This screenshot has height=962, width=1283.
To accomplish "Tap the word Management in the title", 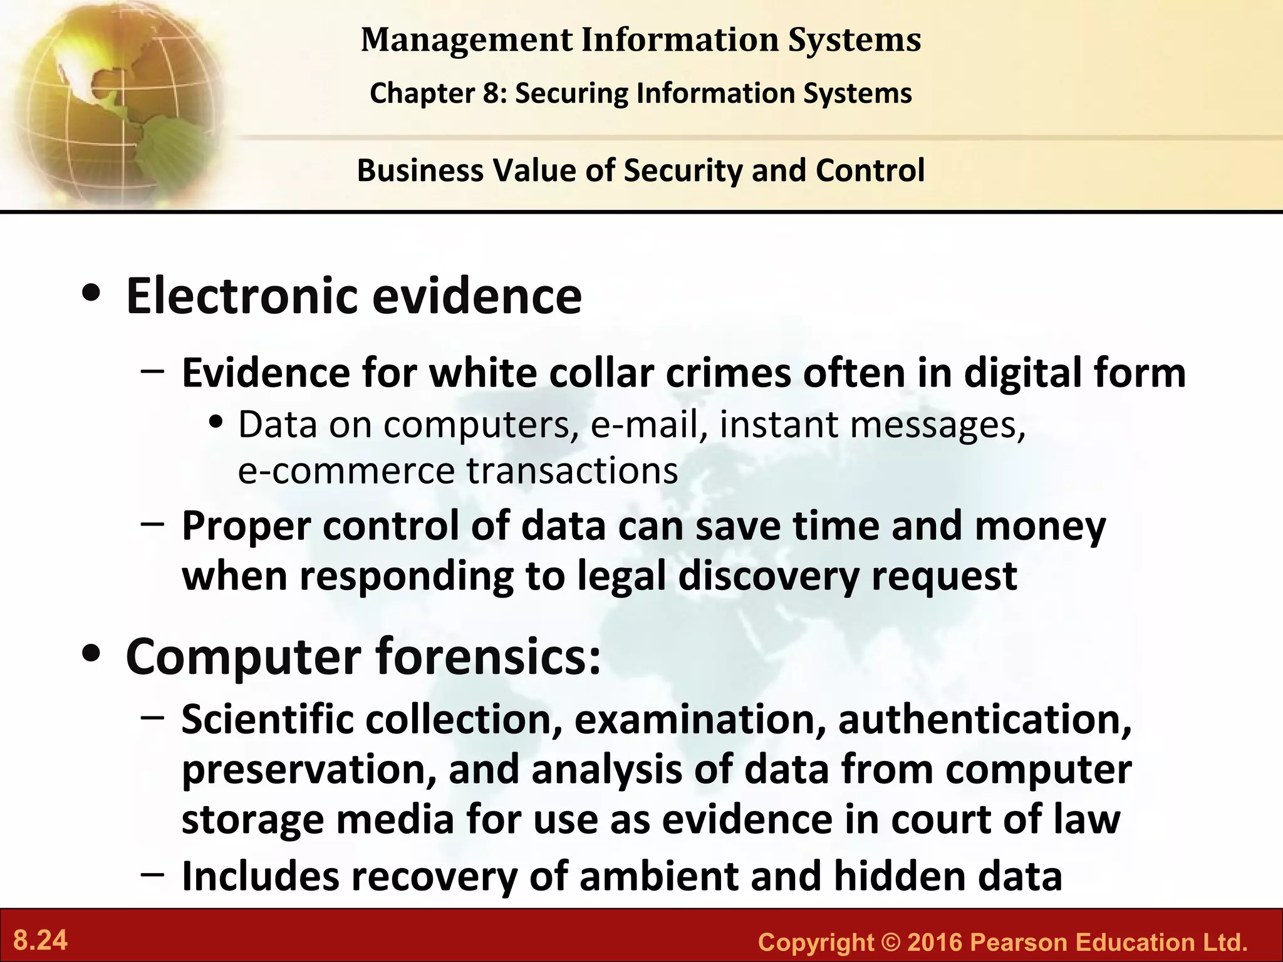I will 467,40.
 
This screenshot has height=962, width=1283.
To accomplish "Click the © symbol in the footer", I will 890,942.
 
